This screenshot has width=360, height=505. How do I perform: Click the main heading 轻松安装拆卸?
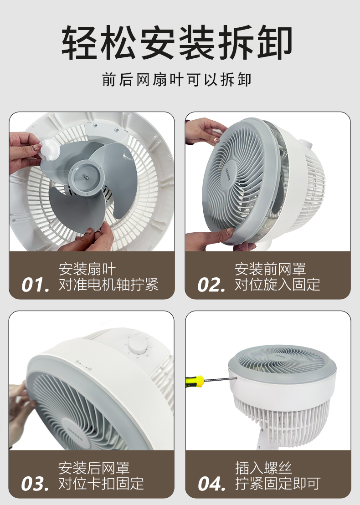(x=177, y=42)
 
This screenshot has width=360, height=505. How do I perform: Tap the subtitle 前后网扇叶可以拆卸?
(x=177, y=80)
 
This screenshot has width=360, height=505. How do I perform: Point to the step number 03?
(x=35, y=484)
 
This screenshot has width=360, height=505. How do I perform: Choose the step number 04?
(x=211, y=484)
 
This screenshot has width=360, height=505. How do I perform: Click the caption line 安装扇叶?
(x=87, y=269)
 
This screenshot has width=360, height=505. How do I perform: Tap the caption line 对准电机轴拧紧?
(x=108, y=285)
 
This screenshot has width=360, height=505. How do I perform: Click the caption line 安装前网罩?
(x=270, y=269)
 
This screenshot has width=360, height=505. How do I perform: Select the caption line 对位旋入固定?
(x=278, y=285)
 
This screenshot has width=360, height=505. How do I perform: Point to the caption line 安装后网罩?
(x=94, y=468)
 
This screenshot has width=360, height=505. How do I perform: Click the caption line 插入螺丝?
(x=263, y=468)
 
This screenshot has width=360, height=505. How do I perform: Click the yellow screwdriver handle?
(x=195, y=381)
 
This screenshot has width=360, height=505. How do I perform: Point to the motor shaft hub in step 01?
(x=85, y=177)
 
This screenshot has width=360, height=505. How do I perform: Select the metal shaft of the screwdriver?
(x=221, y=380)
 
